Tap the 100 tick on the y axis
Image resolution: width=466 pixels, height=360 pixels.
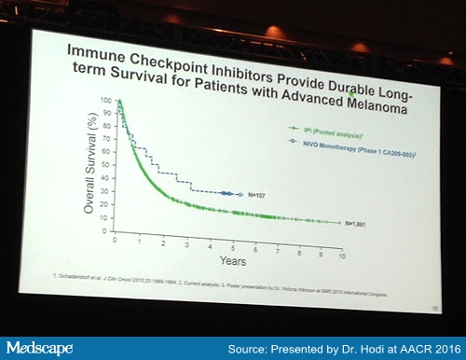pyautogui.click(x=105, y=100)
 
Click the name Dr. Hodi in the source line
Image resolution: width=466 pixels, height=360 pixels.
pyautogui.click(x=366, y=347)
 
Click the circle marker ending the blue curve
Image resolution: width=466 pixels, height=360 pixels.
pyautogui.click(x=240, y=194)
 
